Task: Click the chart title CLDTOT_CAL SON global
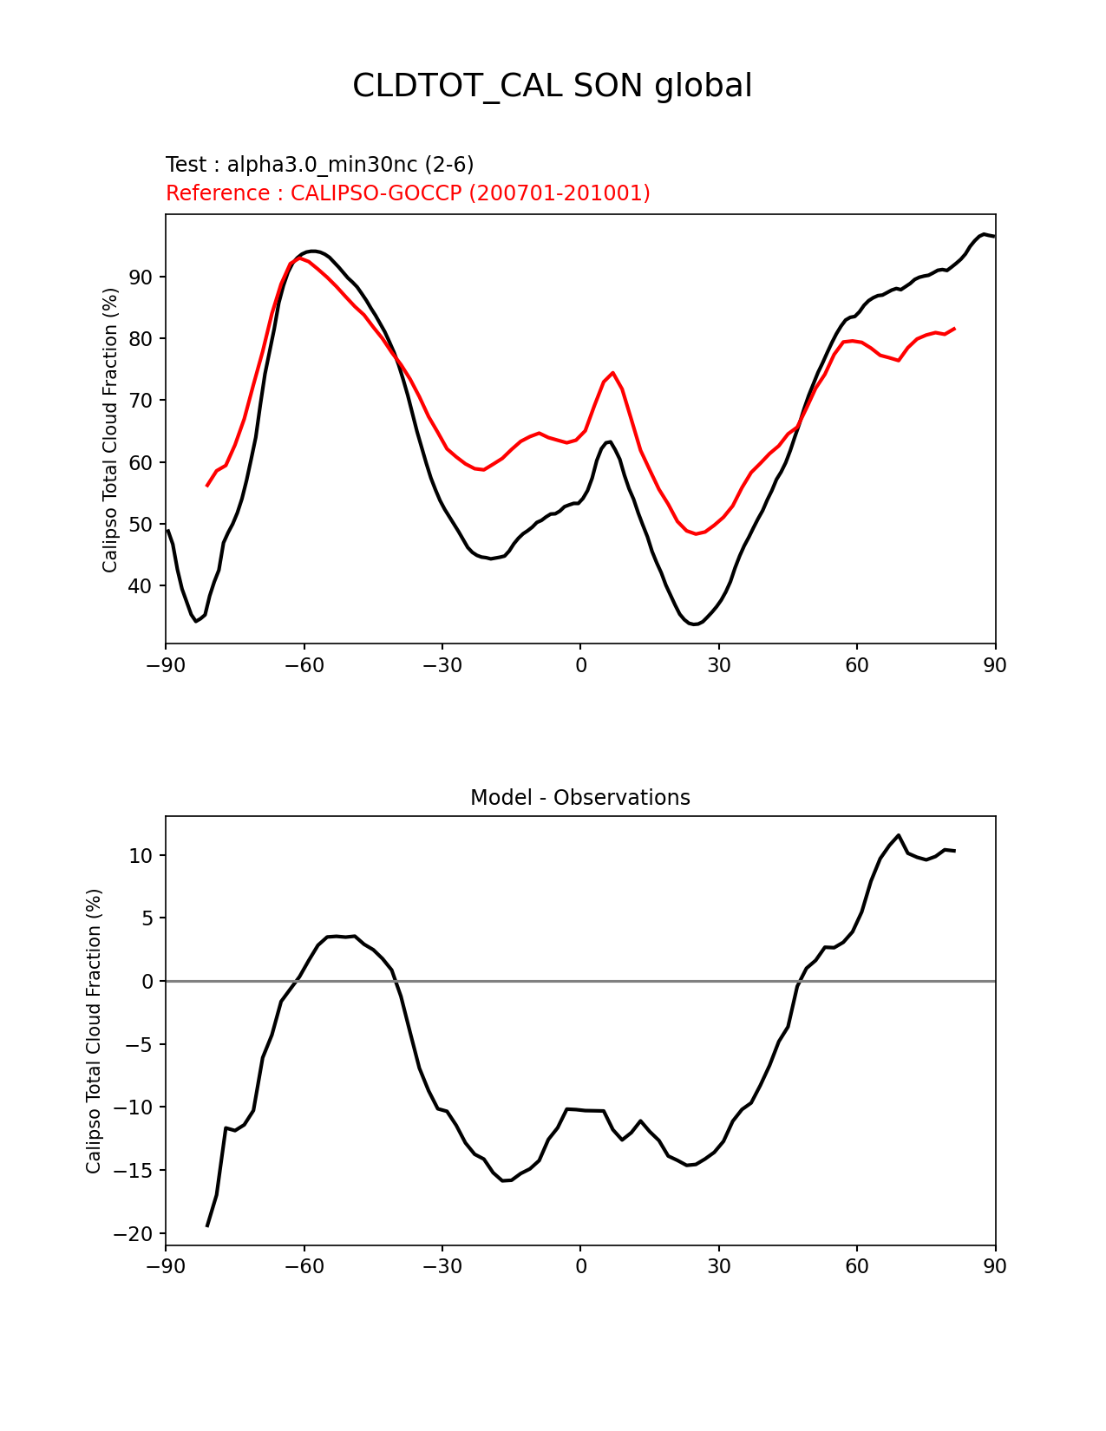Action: click(552, 86)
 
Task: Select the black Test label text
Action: click(319, 165)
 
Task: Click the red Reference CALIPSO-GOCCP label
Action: click(408, 193)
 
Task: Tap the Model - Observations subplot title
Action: click(579, 798)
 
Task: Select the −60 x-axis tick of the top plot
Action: click(304, 665)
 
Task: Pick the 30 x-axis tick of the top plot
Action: click(718, 665)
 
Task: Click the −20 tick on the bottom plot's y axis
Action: click(135, 1234)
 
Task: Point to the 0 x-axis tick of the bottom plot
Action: click(580, 1267)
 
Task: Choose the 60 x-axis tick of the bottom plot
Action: click(857, 1267)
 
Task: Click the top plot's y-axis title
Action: click(110, 430)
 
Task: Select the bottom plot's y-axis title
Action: click(94, 1031)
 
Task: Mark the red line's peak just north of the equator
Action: click(612, 373)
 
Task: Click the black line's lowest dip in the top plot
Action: click(196, 621)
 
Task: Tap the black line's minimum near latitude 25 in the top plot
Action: click(695, 624)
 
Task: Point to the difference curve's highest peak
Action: click(899, 835)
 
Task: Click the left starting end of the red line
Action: click(206, 486)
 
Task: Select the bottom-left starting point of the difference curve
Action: click(206, 1226)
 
